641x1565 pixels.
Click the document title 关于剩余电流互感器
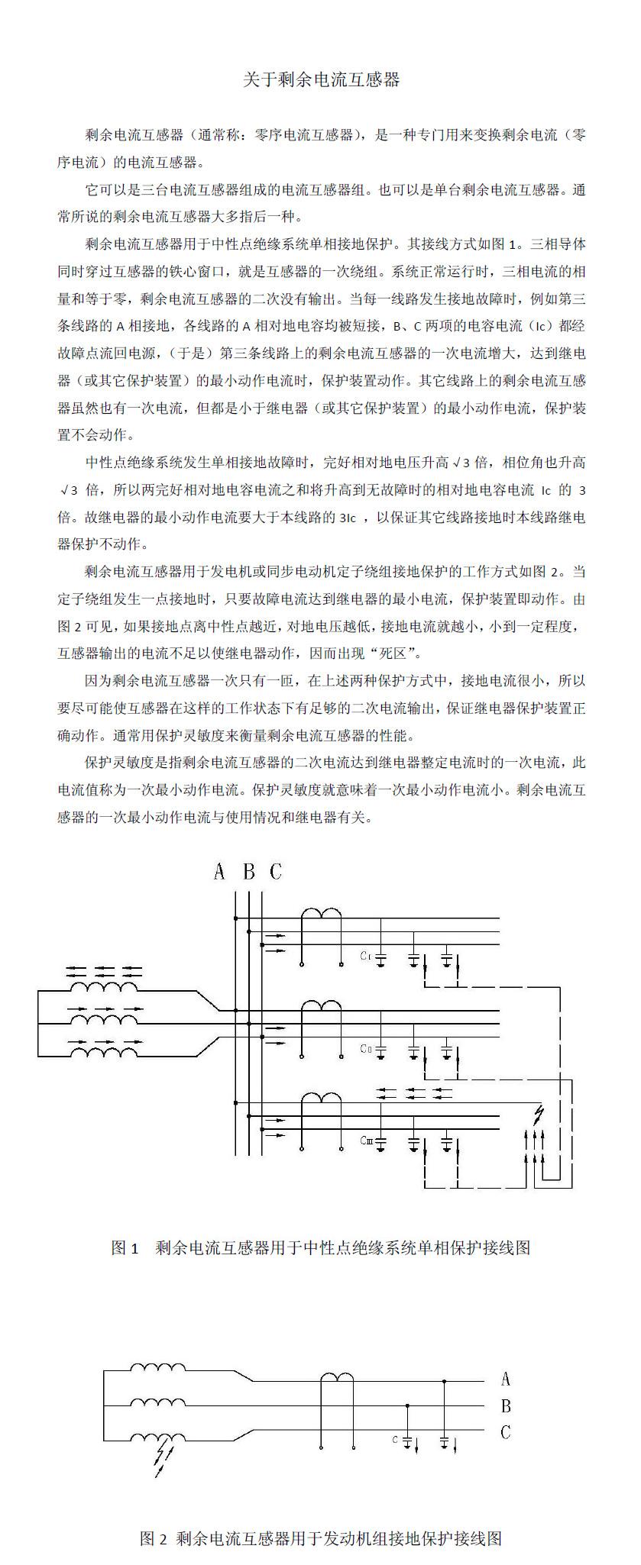[321, 80]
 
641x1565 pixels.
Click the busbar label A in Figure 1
[219, 872]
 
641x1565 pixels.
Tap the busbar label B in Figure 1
[248, 872]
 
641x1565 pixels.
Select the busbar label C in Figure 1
[276, 872]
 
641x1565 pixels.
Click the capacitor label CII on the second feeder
[365, 1049]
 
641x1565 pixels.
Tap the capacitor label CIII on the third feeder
[366, 1141]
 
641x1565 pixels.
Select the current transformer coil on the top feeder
[321, 915]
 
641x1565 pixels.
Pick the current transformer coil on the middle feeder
[321, 1008]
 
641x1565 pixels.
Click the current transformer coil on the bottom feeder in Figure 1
[321, 1099]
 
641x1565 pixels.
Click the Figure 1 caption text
[320, 1247]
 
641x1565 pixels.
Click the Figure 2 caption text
[320, 1538]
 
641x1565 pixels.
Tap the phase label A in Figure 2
[505, 1379]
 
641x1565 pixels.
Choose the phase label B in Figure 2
[505, 1405]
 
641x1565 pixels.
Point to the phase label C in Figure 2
[505, 1432]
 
